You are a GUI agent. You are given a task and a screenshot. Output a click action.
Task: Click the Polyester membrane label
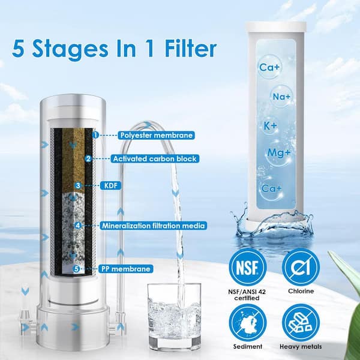155,135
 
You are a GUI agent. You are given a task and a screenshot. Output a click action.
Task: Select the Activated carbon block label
155,159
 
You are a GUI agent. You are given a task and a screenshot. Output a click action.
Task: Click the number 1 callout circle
95,135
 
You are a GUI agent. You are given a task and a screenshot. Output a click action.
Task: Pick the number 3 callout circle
77,185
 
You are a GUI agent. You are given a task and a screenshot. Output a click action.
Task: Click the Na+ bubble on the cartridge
280,95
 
